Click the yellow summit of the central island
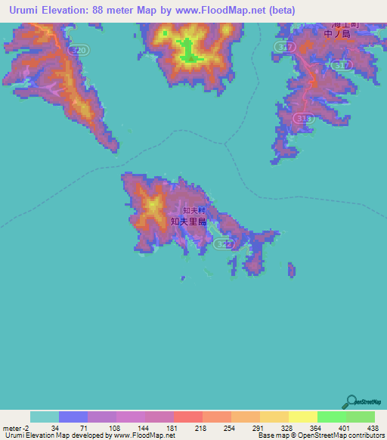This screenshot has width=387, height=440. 153,205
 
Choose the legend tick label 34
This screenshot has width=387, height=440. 54,428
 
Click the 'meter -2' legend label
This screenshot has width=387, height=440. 15,428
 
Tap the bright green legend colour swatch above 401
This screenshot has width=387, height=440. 331,417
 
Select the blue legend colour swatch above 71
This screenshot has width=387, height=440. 73,417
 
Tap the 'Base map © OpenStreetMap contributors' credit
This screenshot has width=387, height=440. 321,435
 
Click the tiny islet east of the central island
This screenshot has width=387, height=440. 292,270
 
